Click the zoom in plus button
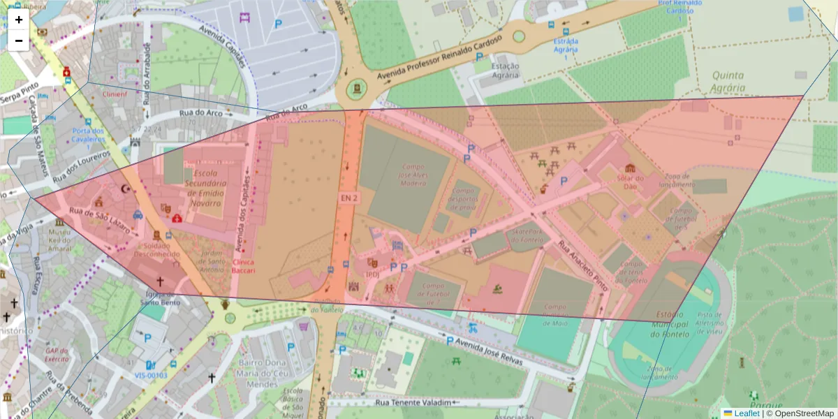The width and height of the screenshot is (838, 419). click(x=19, y=20)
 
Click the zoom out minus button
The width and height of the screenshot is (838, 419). click(x=19, y=41)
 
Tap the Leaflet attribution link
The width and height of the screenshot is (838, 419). click(x=746, y=413)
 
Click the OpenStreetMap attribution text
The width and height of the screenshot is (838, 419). click(x=800, y=413)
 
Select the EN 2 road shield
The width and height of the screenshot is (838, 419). click(x=349, y=198)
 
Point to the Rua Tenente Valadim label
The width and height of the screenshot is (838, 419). click(x=409, y=402)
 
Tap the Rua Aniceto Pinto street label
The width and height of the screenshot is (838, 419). click(x=582, y=265)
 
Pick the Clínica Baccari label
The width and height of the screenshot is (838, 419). click(x=244, y=266)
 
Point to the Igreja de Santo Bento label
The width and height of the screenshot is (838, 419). click(x=160, y=298)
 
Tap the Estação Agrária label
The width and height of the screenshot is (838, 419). click(x=506, y=71)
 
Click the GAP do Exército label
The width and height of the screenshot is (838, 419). click(x=59, y=354)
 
